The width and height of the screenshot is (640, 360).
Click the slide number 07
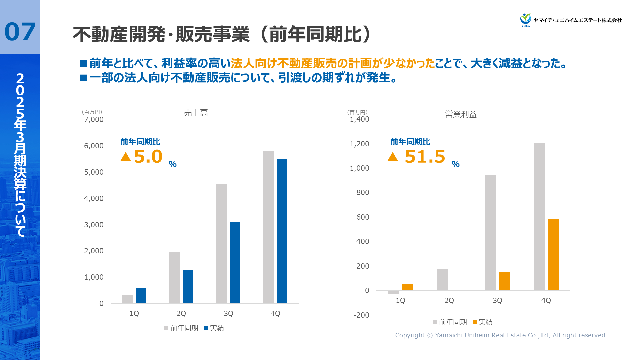(x=20, y=32)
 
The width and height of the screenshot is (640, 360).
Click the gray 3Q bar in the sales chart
(x=222, y=244)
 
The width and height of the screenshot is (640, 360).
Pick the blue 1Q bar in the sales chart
(x=141, y=296)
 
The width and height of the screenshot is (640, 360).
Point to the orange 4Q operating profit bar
(x=553, y=255)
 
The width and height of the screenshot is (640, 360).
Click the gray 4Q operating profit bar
(x=539, y=217)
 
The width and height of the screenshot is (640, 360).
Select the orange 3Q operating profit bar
(x=504, y=281)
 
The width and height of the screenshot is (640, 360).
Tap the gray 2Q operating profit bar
(x=442, y=280)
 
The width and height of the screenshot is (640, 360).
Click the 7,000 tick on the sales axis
(x=94, y=120)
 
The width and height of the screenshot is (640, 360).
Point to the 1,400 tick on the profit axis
(x=359, y=119)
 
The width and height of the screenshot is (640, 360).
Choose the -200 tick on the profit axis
(x=361, y=315)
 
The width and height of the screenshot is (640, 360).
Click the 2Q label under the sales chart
(x=181, y=314)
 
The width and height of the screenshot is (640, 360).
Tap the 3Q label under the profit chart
(x=497, y=301)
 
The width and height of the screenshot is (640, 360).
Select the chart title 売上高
(x=196, y=113)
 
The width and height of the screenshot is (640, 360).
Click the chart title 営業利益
(x=461, y=115)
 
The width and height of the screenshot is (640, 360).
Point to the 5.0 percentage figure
(x=148, y=157)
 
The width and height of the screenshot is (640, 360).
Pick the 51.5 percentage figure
(x=425, y=157)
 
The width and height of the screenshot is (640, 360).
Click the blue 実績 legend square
(x=206, y=328)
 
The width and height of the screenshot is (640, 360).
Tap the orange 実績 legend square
(x=475, y=322)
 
